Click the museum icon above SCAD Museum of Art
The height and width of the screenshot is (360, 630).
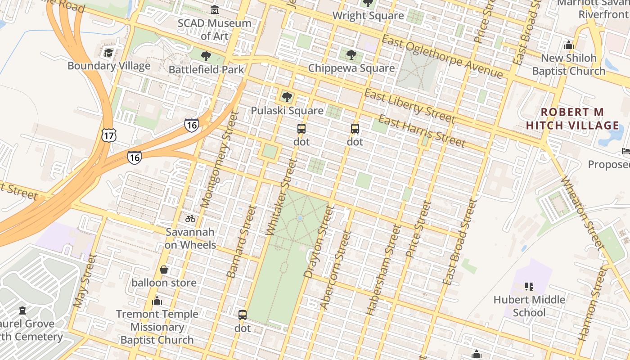(215, 9)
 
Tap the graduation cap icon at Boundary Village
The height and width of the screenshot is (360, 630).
(108, 53)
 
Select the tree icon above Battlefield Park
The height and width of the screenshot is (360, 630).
(206, 56)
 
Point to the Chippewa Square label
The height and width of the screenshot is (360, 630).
(351, 68)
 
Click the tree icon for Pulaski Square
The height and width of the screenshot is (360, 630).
(287, 97)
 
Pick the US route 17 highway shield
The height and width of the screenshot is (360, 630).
(109, 135)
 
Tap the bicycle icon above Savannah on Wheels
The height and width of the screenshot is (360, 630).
(190, 219)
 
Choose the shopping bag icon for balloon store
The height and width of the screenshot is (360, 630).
(164, 270)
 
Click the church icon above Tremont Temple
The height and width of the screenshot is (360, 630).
(157, 301)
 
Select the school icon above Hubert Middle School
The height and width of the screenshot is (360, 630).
(529, 286)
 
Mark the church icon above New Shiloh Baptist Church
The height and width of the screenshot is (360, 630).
(569, 45)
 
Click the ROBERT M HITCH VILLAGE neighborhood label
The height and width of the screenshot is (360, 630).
(572, 118)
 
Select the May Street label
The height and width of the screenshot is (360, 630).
(85, 281)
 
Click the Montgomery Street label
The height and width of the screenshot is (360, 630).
(217, 160)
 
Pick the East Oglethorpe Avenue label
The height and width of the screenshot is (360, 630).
(441, 56)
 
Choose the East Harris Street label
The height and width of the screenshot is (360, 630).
(421, 131)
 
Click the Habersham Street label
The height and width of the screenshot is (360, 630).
(383, 270)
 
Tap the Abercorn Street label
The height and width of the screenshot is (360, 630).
(335, 270)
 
